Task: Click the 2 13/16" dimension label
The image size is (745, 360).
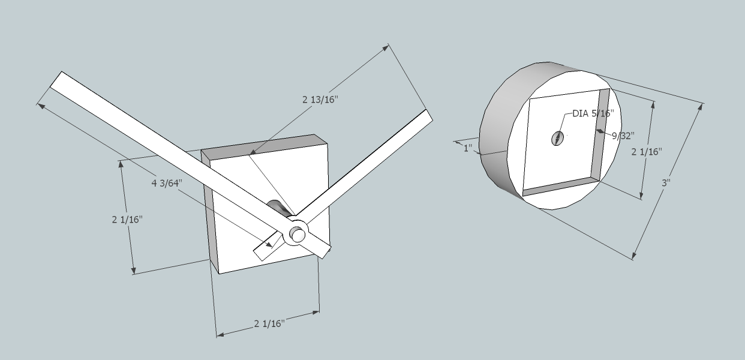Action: point(320,99)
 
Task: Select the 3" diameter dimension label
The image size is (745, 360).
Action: point(665,182)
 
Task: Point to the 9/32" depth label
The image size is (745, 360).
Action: point(622,136)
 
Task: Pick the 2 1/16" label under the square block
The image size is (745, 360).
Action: point(269,324)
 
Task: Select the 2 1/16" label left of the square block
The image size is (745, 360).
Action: point(127,220)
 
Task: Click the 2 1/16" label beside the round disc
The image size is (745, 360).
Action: point(647,152)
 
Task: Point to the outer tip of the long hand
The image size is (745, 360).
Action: point(56,80)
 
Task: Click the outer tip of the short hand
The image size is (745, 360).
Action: point(427,117)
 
